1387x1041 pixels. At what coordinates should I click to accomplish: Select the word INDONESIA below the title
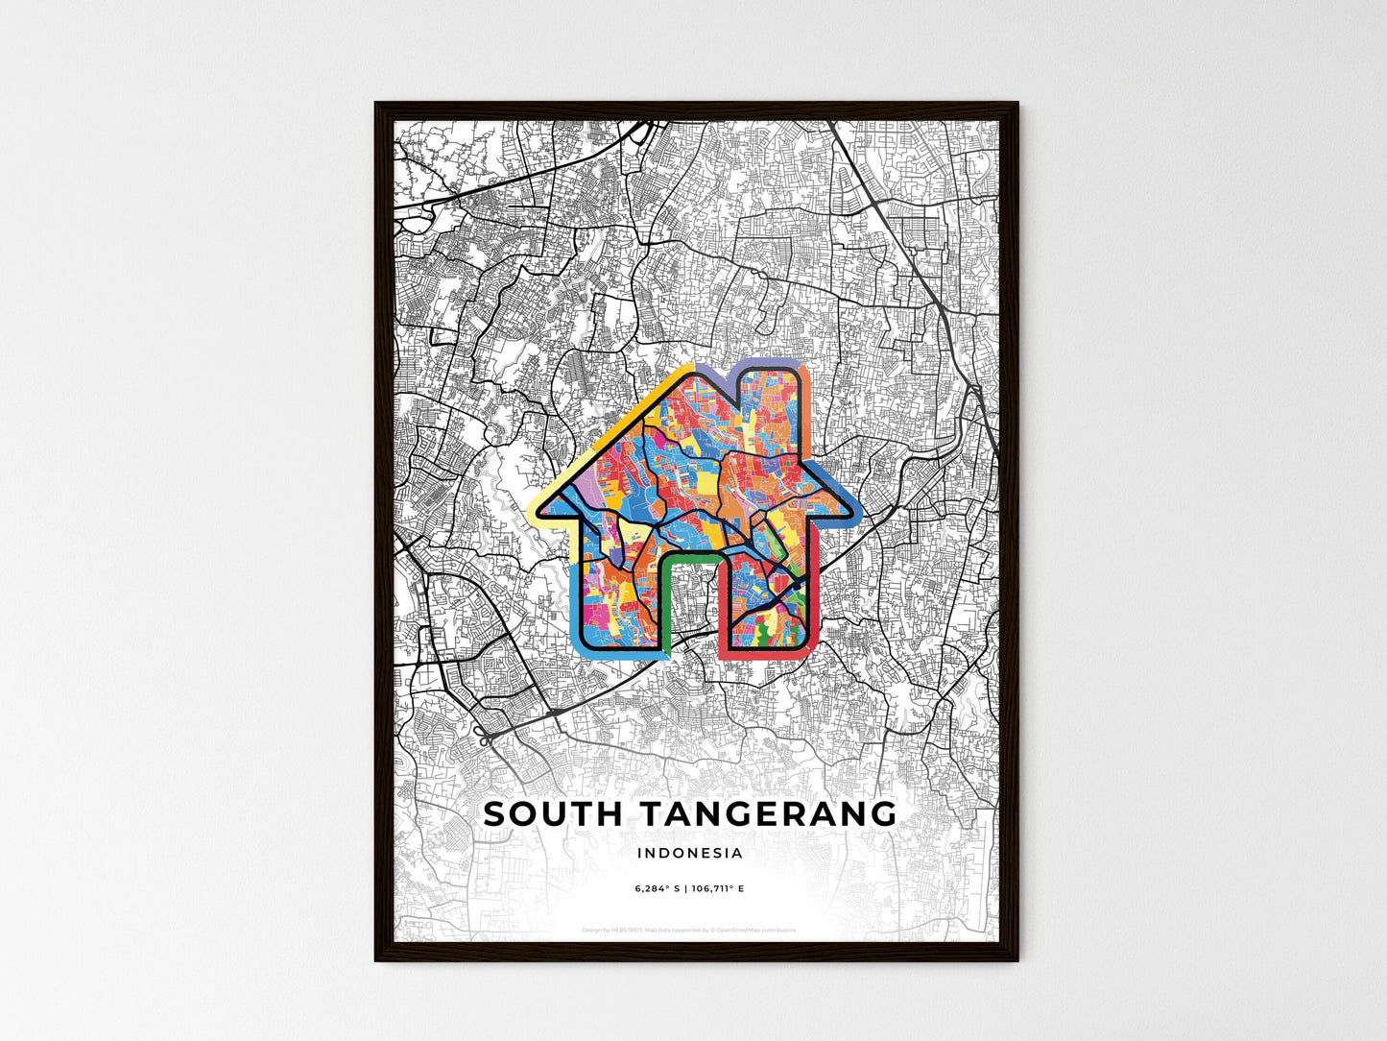[689, 853]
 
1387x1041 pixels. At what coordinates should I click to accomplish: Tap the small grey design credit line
[689, 931]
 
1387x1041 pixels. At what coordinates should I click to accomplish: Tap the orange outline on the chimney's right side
[806, 403]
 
